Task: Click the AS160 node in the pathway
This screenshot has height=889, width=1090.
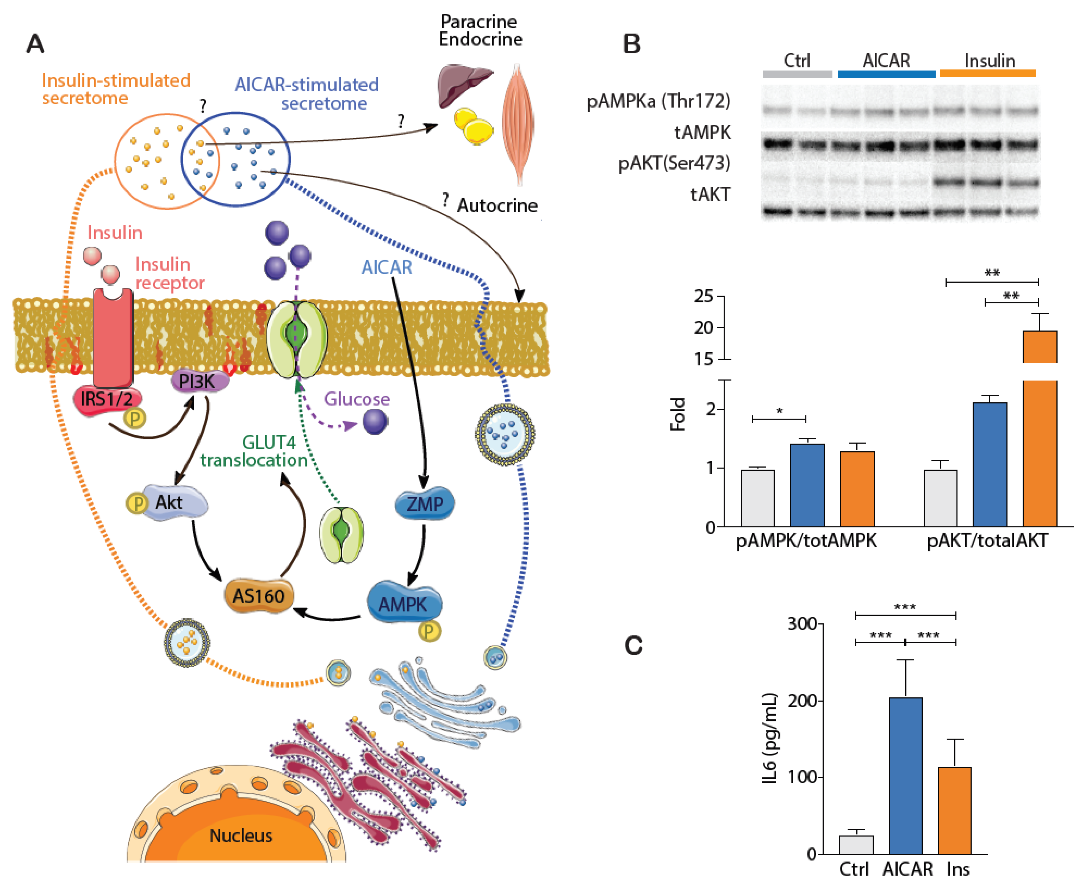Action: click(259, 596)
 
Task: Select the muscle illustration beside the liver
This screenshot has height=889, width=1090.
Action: click(518, 123)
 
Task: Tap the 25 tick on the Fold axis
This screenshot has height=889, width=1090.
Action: click(704, 296)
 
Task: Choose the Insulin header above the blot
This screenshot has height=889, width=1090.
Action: click(989, 61)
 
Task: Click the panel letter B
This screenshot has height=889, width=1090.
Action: click(631, 44)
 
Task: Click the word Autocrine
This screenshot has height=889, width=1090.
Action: click(497, 205)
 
